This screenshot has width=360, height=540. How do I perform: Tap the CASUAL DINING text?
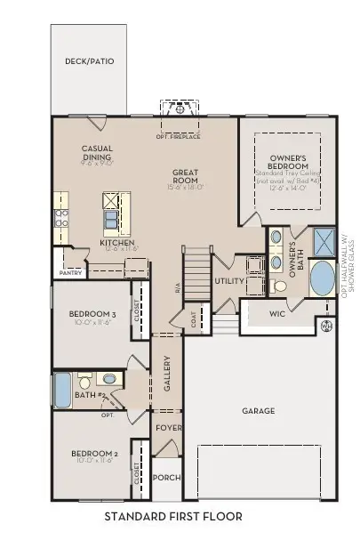point(97,154)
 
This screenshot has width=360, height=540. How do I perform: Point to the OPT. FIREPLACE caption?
point(178,136)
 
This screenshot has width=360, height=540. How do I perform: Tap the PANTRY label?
point(70,273)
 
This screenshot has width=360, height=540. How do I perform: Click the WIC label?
point(277,314)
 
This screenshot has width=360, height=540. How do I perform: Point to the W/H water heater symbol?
point(324,326)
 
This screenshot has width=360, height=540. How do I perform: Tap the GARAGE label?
point(259,411)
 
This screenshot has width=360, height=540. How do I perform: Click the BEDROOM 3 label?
point(93,318)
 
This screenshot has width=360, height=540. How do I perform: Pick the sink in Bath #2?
point(105,378)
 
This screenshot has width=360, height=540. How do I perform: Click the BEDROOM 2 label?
point(93,458)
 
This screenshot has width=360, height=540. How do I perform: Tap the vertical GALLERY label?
point(166,374)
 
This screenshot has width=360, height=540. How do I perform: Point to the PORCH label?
point(168,478)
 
